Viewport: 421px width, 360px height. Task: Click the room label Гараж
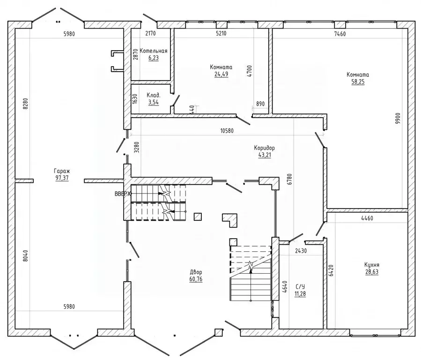(62, 171)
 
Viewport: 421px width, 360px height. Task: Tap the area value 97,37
(62, 178)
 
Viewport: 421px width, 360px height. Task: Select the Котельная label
(153, 51)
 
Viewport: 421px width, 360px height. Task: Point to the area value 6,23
(153, 58)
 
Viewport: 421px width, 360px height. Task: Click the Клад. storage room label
(154, 95)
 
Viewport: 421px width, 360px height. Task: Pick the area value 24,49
(221, 74)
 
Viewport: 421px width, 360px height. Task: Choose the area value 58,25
(358, 82)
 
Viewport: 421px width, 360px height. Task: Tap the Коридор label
(265, 148)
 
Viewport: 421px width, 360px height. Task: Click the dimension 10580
(227, 131)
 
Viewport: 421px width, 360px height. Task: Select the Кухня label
(372, 265)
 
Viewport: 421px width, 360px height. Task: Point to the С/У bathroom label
(300, 287)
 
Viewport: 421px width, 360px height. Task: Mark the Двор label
(196, 272)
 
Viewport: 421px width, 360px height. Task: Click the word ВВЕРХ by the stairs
(122, 194)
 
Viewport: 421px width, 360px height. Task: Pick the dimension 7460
(340, 34)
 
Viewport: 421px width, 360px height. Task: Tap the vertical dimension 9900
(398, 118)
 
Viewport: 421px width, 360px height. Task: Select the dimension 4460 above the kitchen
(367, 218)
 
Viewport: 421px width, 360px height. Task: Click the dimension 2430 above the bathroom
(301, 251)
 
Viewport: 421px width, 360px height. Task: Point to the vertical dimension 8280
(25, 104)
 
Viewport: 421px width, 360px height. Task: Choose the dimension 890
(260, 104)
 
